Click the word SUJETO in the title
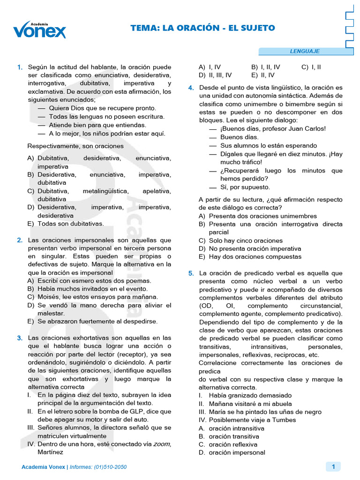[x=256, y=29]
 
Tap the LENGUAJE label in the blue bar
[x=305, y=51]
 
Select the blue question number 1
[x=20, y=67]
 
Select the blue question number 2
[x=20, y=240]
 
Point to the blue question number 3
[x=20, y=338]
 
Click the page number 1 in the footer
[x=333, y=466]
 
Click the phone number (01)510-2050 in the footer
[x=111, y=467]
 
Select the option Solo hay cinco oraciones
[x=240, y=240]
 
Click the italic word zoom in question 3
[x=161, y=444]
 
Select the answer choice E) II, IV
[x=263, y=75]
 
